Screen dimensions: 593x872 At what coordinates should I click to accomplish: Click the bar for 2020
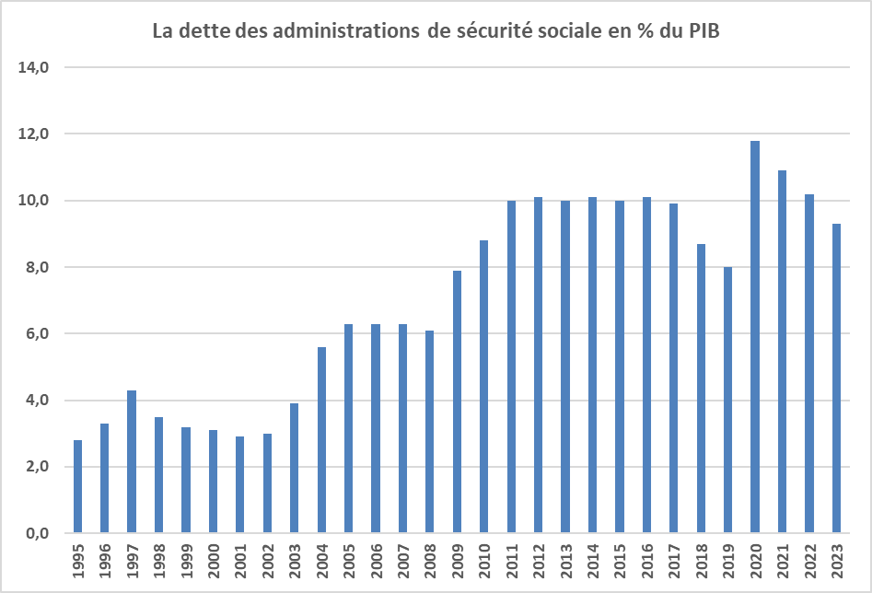coord(755,337)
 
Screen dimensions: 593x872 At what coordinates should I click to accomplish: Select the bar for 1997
coord(132,462)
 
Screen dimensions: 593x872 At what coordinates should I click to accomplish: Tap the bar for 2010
coord(483,387)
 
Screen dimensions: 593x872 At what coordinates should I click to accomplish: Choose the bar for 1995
coord(77,487)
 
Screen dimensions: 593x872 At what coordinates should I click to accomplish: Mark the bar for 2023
coord(836,378)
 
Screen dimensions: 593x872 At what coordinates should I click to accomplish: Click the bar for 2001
coord(240,485)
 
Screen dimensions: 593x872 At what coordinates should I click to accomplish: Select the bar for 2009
coord(457,401)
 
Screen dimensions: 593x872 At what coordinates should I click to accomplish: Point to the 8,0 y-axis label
coord(39,267)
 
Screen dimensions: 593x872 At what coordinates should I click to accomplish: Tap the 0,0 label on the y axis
coord(39,533)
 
